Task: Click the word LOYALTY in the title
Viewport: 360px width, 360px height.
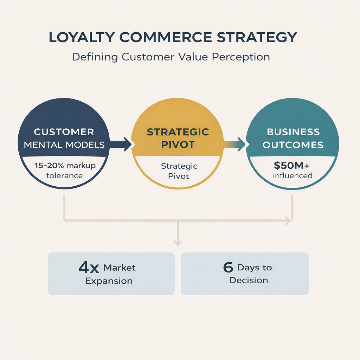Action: [82, 37]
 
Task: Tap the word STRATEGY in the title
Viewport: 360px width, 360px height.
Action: [257, 37]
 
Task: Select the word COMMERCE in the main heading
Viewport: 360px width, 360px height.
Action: [166, 37]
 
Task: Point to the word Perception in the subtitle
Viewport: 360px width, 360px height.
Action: [240, 57]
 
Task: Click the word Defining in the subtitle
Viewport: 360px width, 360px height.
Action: [95, 57]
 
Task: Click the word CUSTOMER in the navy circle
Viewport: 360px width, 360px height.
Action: [64, 132]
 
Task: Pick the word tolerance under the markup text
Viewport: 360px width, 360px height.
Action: [65, 176]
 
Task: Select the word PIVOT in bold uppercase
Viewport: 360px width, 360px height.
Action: [178, 144]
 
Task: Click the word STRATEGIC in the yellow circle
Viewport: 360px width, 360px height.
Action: [178, 132]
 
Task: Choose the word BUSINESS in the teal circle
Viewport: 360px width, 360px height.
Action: [293, 132]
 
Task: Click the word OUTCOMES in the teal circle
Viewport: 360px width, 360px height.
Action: [293, 145]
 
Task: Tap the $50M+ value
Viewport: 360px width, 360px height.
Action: [291, 165]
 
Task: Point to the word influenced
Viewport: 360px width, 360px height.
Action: [292, 176]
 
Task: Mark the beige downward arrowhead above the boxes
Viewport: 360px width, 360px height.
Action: [178, 243]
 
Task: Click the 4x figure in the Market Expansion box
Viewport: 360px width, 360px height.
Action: [89, 268]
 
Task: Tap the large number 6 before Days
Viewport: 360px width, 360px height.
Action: [228, 267]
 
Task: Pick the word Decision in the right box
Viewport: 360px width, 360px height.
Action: [249, 280]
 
